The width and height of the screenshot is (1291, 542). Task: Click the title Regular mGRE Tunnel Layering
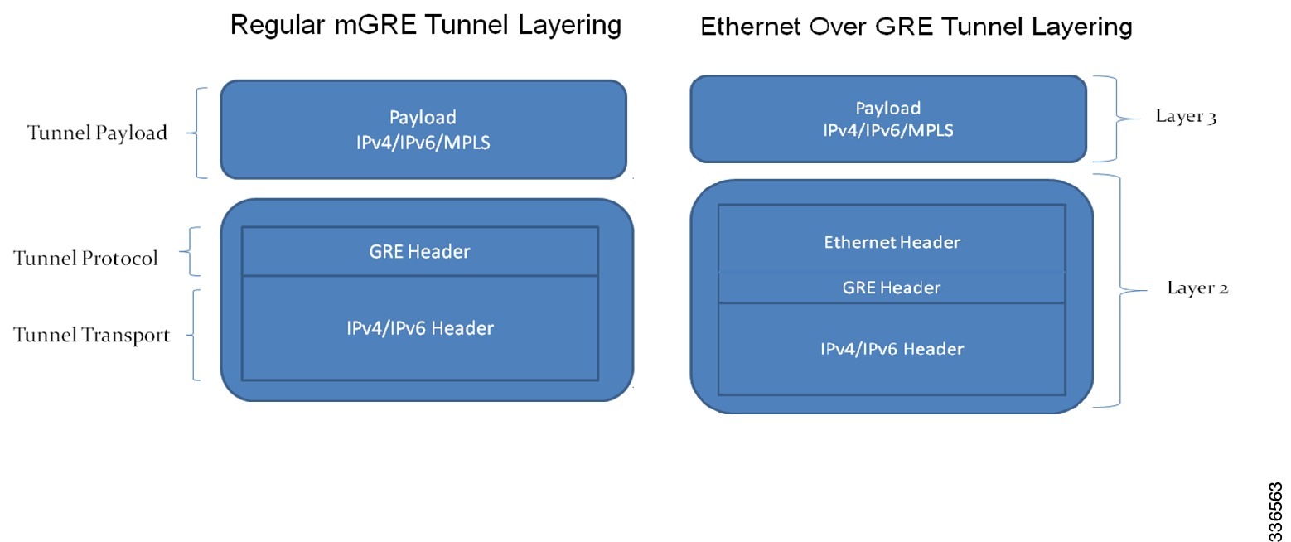[425, 25]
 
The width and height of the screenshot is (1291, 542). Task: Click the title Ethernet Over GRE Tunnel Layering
[916, 27]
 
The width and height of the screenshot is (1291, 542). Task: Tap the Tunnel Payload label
[97, 133]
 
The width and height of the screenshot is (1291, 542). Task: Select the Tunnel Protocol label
[85, 259]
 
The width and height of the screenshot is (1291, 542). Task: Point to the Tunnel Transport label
[91, 335]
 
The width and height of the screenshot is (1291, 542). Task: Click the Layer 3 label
[1185, 117]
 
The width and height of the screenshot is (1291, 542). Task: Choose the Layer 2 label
[1197, 288]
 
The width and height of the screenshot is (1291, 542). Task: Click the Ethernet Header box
[892, 243]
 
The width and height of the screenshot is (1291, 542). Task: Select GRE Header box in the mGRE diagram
[419, 252]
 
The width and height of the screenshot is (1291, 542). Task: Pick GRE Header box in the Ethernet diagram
[892, 288]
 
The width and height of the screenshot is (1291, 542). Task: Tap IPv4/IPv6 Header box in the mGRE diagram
[419, 328]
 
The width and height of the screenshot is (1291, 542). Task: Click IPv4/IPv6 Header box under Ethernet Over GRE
[892, 349]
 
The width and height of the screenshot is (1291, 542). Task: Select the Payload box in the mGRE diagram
[423, 129]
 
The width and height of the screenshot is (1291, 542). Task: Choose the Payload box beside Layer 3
[887, 119]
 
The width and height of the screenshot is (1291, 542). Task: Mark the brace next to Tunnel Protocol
[191, 251]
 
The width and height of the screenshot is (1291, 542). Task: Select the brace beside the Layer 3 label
[1110, 119]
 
